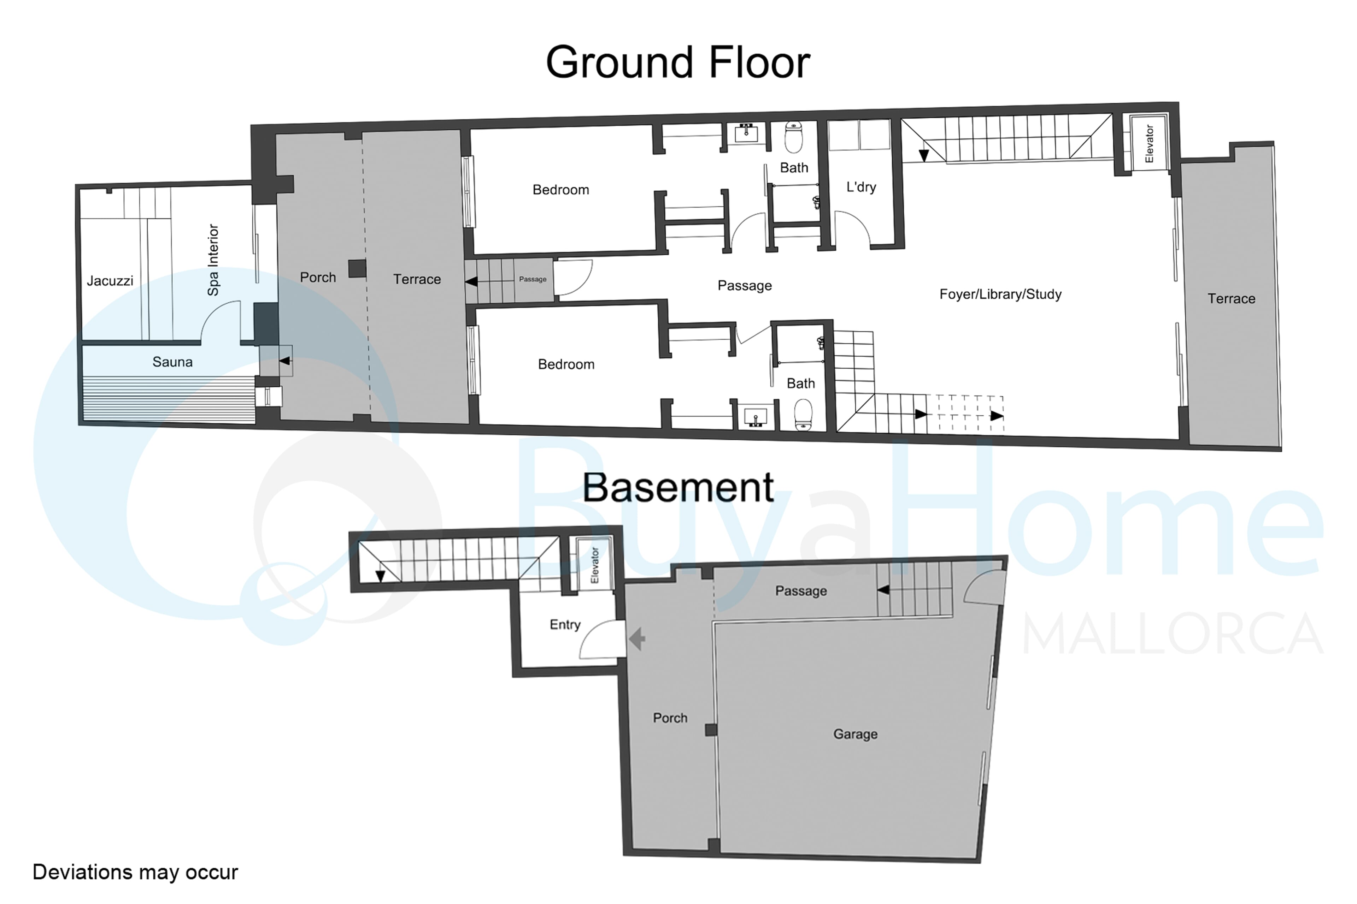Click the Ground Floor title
click(x=678, y=62)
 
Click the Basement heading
click(x=678, y=487)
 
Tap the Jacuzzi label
click(x=110, y=281)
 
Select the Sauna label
click(x=172, y=362)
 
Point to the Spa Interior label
click(x=213, y=260)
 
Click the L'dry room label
click(x=861, y=187)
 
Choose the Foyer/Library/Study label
click(x=1000, y=294)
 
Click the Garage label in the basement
click(x=855, y=734)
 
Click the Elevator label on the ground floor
click(x=1149, y=144)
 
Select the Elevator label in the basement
click(x=595, y=566)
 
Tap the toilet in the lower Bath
click(x=804, y=415)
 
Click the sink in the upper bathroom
click(x=746, y=134)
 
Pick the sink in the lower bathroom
click(x=755, y=417)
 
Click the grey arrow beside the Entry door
click(x=636, y=639)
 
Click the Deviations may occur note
click(x=135, y=872)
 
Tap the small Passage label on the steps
click(x=533, y=279)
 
